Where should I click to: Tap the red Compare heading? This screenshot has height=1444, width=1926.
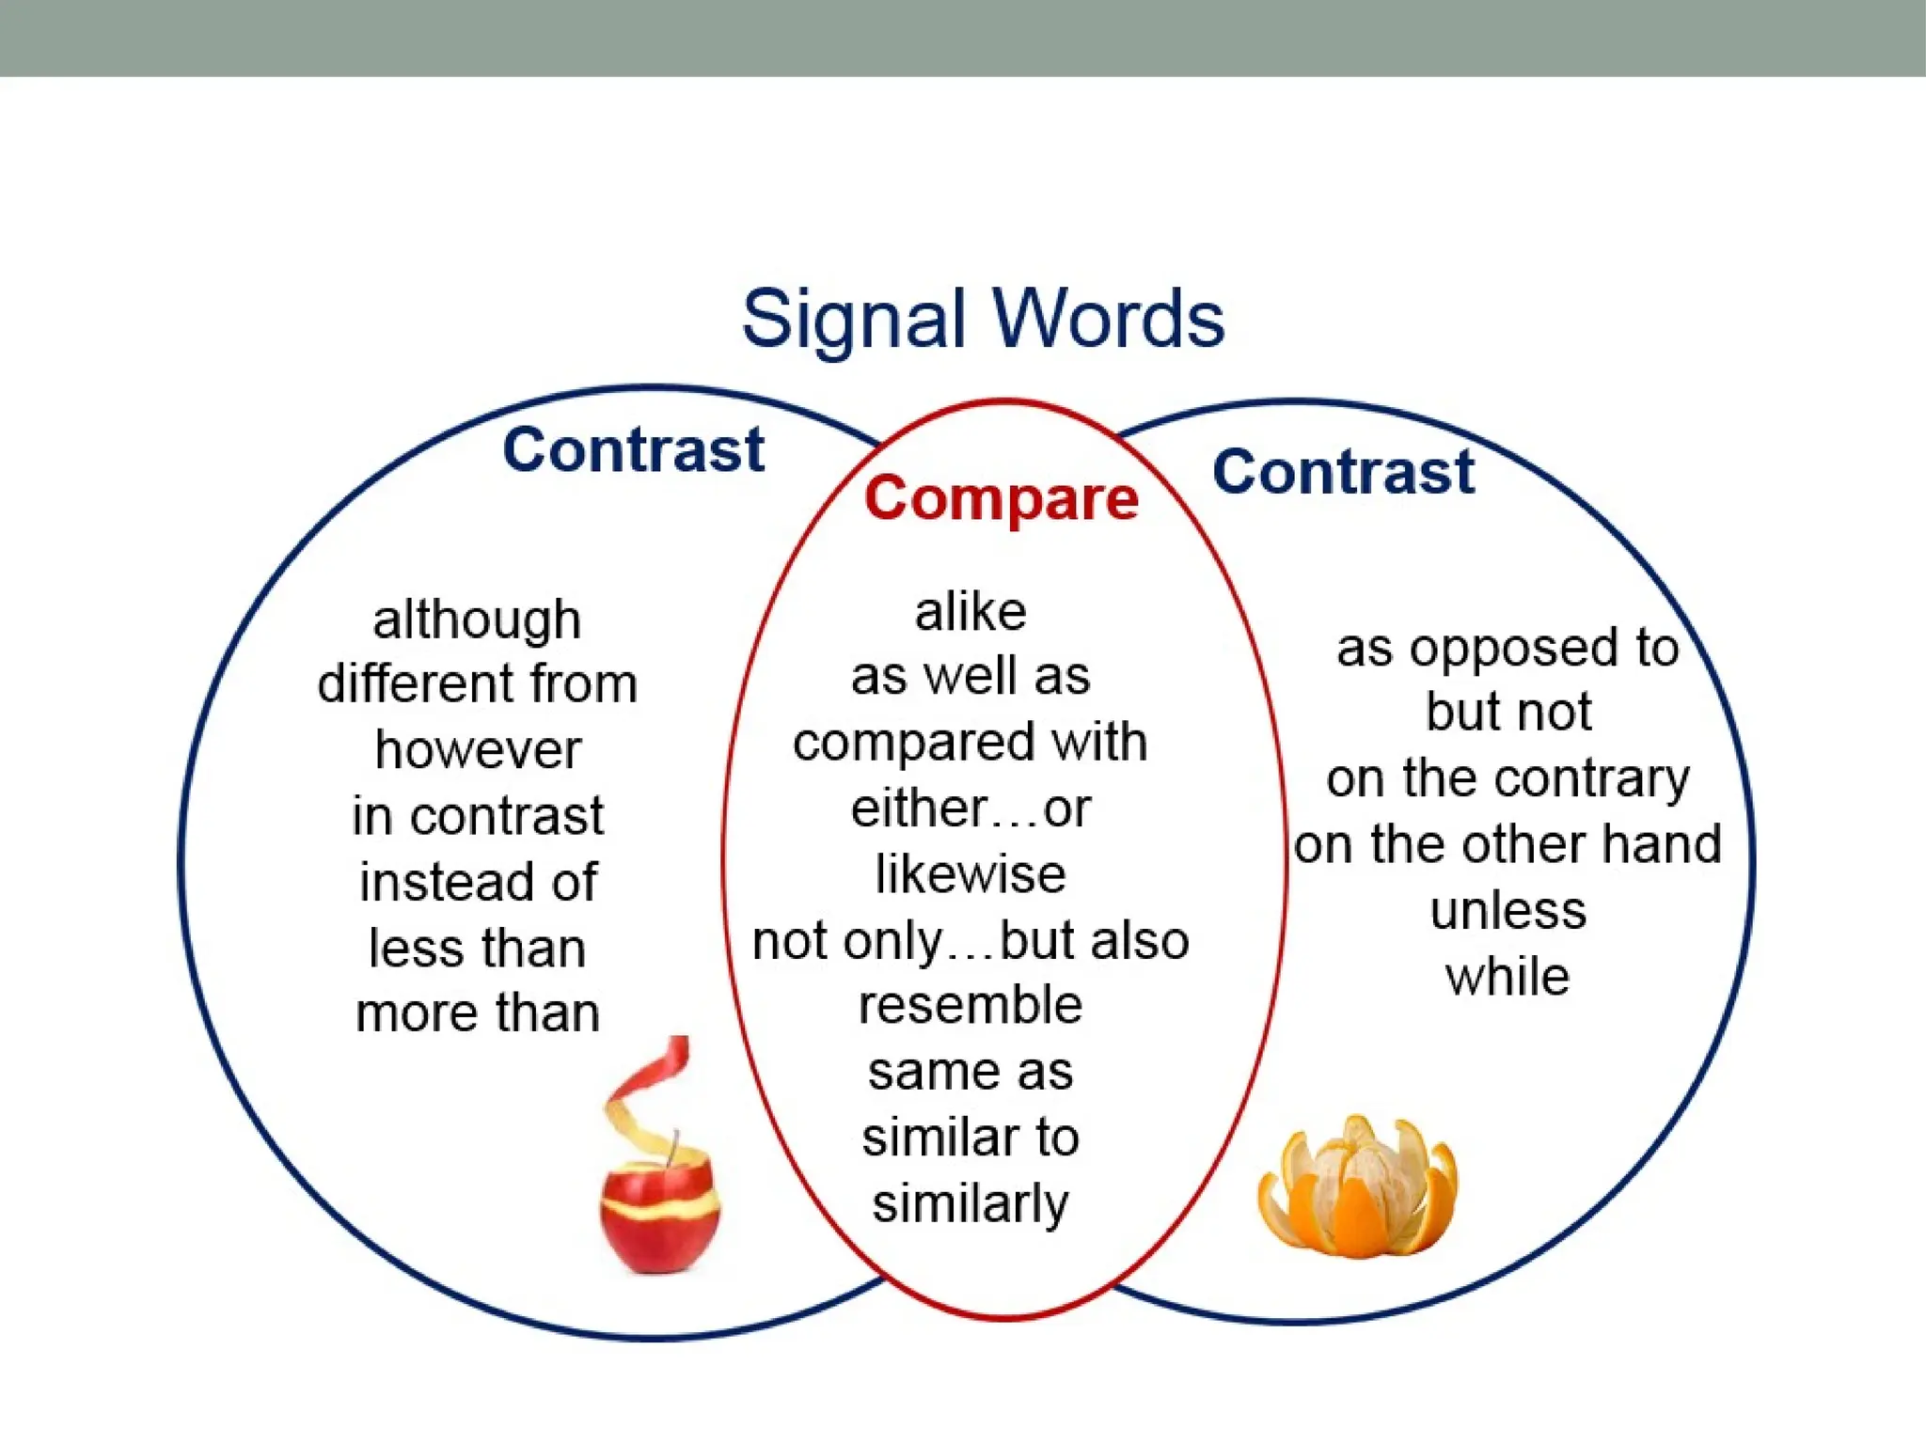click(1002, 498)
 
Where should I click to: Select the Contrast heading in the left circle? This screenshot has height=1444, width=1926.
click(634, 449)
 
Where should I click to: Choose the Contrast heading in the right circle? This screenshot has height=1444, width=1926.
click(1344, 472)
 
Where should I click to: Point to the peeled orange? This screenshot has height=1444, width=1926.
click(1357, 1186)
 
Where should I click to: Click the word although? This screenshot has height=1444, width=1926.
click(477, 620)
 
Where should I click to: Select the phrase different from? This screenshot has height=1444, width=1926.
click(477, 683)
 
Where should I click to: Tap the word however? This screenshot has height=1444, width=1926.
click(478, 750)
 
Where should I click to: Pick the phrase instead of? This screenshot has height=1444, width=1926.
click(478, 882)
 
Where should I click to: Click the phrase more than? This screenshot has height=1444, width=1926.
click(478, 1013)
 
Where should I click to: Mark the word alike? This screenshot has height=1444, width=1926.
click(971, 613)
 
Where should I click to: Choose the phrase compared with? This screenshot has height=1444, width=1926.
click(971, 743)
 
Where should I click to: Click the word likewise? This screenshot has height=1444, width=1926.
click(971, 874)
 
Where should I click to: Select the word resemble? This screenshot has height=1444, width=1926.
click(971, 1006)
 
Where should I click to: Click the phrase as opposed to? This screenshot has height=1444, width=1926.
click(1508, 649)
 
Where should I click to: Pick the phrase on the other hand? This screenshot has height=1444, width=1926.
click(1508, 844)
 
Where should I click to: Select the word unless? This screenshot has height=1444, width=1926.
click(1508, 911)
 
